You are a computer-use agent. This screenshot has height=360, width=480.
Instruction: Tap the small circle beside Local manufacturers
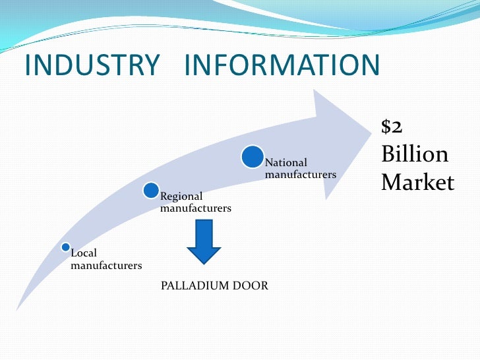click(x=65, y=247)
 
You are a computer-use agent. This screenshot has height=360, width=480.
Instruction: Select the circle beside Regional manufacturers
click(x=151, y=191)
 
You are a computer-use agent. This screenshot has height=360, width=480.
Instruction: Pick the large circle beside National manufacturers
click(x=253, y=157)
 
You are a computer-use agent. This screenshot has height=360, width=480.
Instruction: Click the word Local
click(x=84, y=253)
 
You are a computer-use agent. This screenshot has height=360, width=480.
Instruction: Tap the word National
click(x=286, y=162)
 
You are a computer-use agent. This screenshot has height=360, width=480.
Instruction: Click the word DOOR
click(x=253, y=285)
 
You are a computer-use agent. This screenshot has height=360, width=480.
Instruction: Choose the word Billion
click(x=415, y=154)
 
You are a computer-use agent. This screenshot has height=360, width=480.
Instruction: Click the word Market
click(x=417, y=182)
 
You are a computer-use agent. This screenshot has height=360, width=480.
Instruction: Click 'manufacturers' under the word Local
click(x=106, y=266)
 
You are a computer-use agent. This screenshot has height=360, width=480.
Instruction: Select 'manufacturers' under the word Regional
click(x=196, y=208)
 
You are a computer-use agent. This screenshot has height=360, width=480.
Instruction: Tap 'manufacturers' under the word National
click(x=301, y=175)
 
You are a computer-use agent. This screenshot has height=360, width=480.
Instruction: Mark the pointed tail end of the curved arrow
click(x=18, y=309)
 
